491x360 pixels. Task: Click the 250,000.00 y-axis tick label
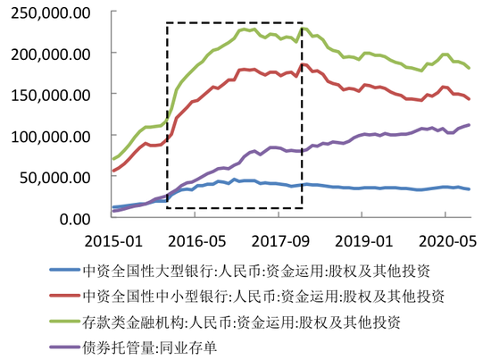click(x=50, y=13)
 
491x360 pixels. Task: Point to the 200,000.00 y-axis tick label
click(x=50, y=54)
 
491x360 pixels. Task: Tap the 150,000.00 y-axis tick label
click(x=50, y=94)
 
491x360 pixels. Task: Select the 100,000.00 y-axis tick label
click(x=50, y=135)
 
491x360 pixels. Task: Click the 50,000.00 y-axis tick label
click(x=54, y=176)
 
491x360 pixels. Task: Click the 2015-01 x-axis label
click(x=112, y=241)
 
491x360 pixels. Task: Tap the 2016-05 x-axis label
click(x=196, y=241)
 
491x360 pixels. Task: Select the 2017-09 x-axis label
click(x=279, y=241)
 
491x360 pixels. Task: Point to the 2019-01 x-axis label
click(x=362, y=241)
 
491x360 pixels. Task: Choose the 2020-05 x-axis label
click(x=444, y=241)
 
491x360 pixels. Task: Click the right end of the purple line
click(x=470, y=125)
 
